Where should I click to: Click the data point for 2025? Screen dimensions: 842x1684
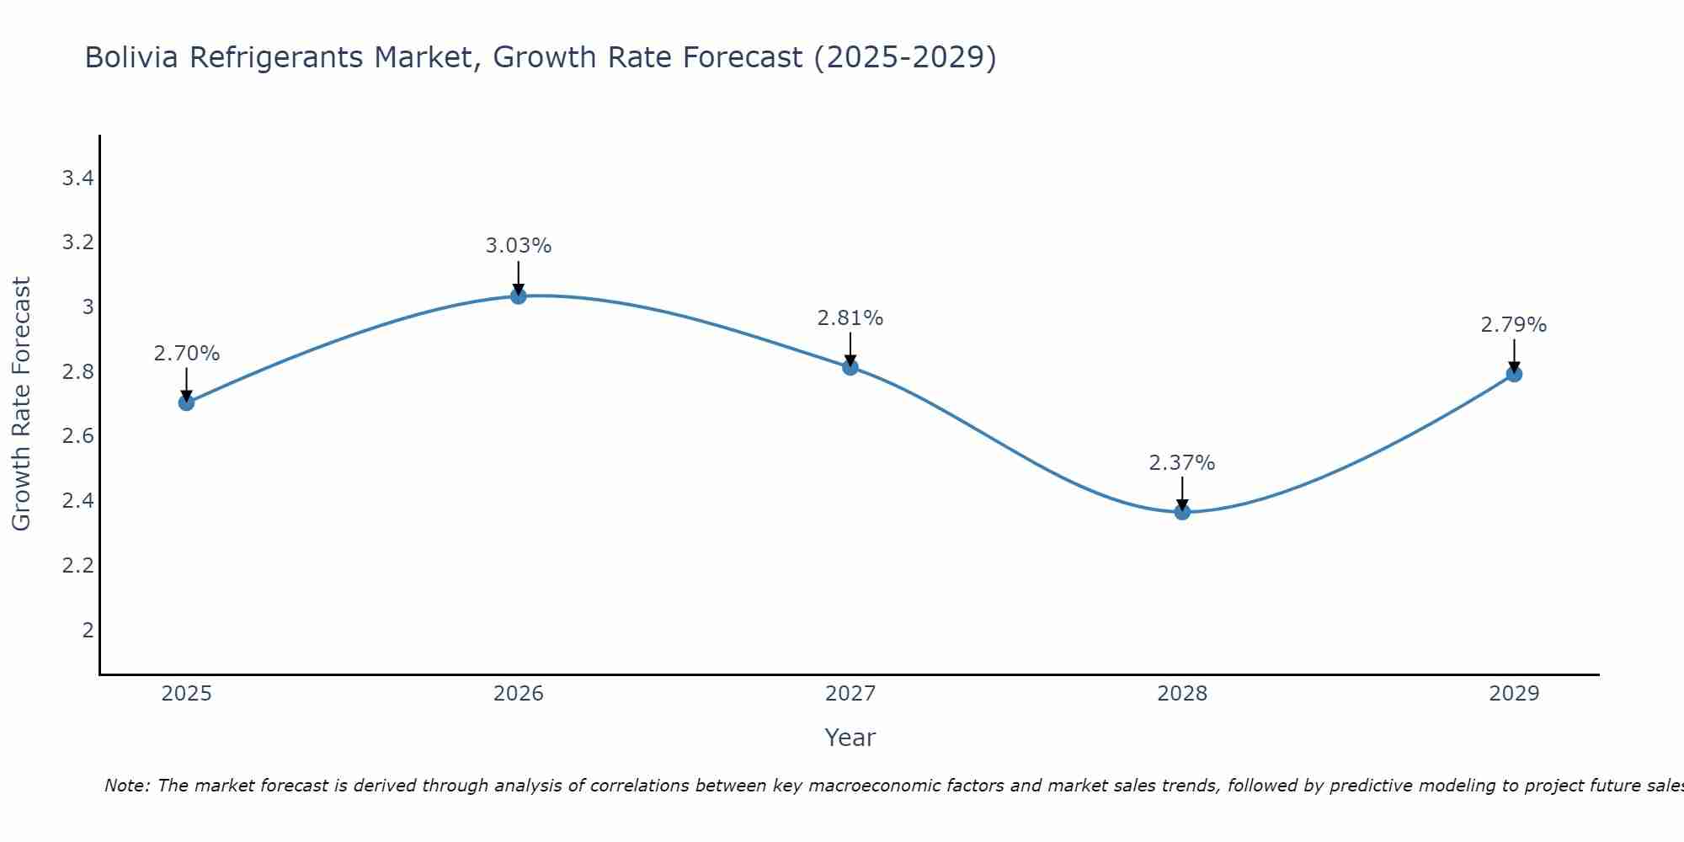pos(186,402)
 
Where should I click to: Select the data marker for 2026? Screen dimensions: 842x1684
pos(518,296)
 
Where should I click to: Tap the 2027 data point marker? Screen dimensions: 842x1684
pos(850,367)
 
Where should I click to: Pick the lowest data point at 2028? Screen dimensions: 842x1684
pos(1181,511)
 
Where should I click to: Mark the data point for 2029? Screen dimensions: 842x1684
pos(1513,374)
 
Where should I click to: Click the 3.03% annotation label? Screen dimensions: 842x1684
pos(518,246)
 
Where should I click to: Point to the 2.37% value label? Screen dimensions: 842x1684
pos(1181,463)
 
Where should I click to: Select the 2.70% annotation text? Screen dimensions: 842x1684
pos(186,354)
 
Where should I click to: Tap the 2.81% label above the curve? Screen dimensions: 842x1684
pos(850,318)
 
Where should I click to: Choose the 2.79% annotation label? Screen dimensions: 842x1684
pos(1513,325)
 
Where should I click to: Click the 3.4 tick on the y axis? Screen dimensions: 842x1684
pos(77,178)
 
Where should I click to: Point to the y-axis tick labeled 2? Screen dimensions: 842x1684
pos(88,630)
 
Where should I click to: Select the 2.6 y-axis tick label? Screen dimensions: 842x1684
pos(77,436)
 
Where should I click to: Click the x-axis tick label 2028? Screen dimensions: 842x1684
pos(1181,694)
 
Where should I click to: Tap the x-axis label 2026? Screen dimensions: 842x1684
pos(518,694)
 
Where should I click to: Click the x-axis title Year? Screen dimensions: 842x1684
pos(850,738)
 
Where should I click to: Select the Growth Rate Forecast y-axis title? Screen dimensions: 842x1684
pos(21,403)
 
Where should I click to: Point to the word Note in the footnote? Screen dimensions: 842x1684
pos(126,786)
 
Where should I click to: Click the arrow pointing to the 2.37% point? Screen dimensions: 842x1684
pos(1181,493)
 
